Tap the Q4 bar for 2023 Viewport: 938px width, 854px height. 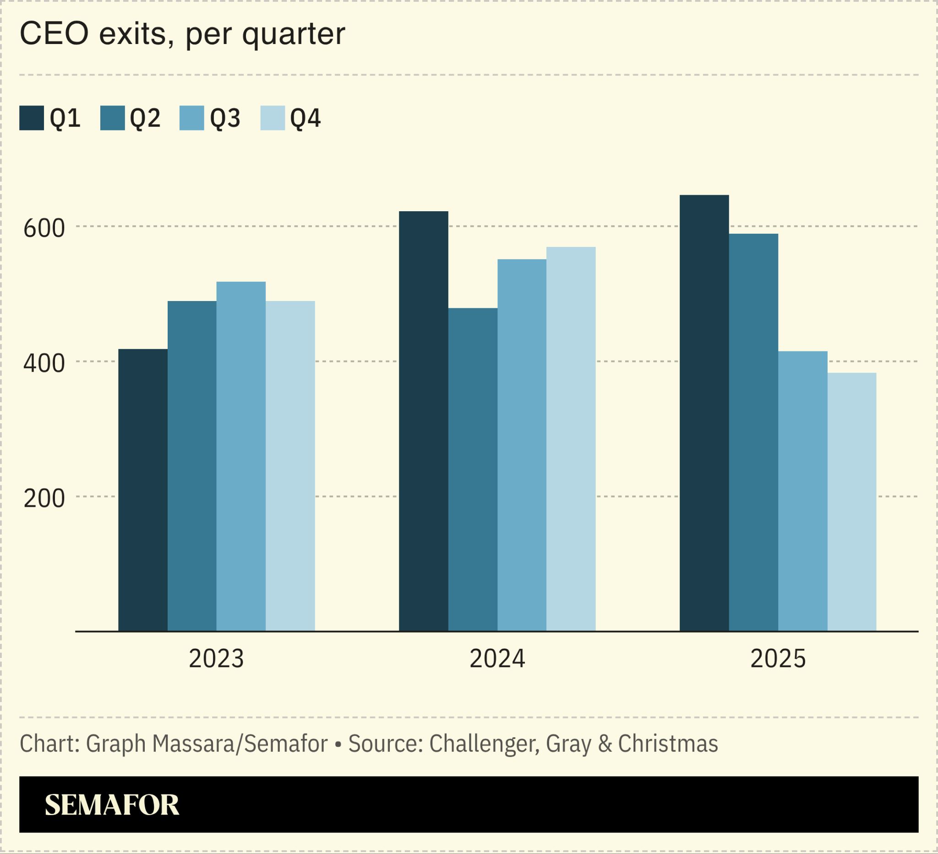tap(290, 466)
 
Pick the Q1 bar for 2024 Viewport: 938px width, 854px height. tap(423, 421)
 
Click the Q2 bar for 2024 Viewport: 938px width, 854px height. tap(473, 470)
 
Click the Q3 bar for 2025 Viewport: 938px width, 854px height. tap(802, 491)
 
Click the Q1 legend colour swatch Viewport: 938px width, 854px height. tap(32, 118)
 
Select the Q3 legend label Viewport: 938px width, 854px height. tap(225, 118)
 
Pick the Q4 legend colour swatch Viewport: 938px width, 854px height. tap(273, 118)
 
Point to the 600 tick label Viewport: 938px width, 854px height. tap(44, 229)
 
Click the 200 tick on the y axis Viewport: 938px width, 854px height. tap(44, 498)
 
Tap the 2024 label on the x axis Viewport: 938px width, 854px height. tap(497, 659)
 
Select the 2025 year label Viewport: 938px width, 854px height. tap(778, 659)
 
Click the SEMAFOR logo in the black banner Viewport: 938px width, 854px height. tap(112, 805)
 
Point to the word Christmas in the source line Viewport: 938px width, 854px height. tap(668, 744)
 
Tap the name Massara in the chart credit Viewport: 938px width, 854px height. tap(194, 744)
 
